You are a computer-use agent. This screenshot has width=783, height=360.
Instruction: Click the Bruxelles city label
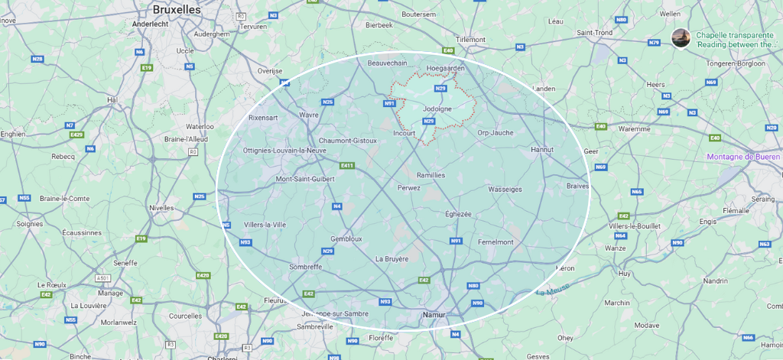click(x=176, y=9)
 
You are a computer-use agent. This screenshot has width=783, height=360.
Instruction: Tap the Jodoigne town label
click(x=437, y=109)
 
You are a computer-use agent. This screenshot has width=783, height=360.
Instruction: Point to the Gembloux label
click(x=346, y=238)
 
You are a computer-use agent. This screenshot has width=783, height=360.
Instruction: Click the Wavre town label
click(x=308, y=115)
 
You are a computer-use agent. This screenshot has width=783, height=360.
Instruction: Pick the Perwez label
click(x=409, y=187)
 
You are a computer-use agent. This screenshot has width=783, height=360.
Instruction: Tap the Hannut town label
click(x=541, y=150)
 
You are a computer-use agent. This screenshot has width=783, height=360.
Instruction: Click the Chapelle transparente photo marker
click(x=680, y=38)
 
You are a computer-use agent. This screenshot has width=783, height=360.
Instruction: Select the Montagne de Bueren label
click(x=744, y=157)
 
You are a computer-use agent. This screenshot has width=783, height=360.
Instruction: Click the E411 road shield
click(x=347, y=165)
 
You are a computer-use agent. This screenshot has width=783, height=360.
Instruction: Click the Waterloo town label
click(x=200, y=126)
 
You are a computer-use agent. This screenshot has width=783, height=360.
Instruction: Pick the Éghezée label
click(x=458, y=214)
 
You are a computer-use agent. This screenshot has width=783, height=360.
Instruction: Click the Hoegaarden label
click(x=445, y=68)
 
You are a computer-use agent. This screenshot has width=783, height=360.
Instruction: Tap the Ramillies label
click(x=430, y=175)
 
